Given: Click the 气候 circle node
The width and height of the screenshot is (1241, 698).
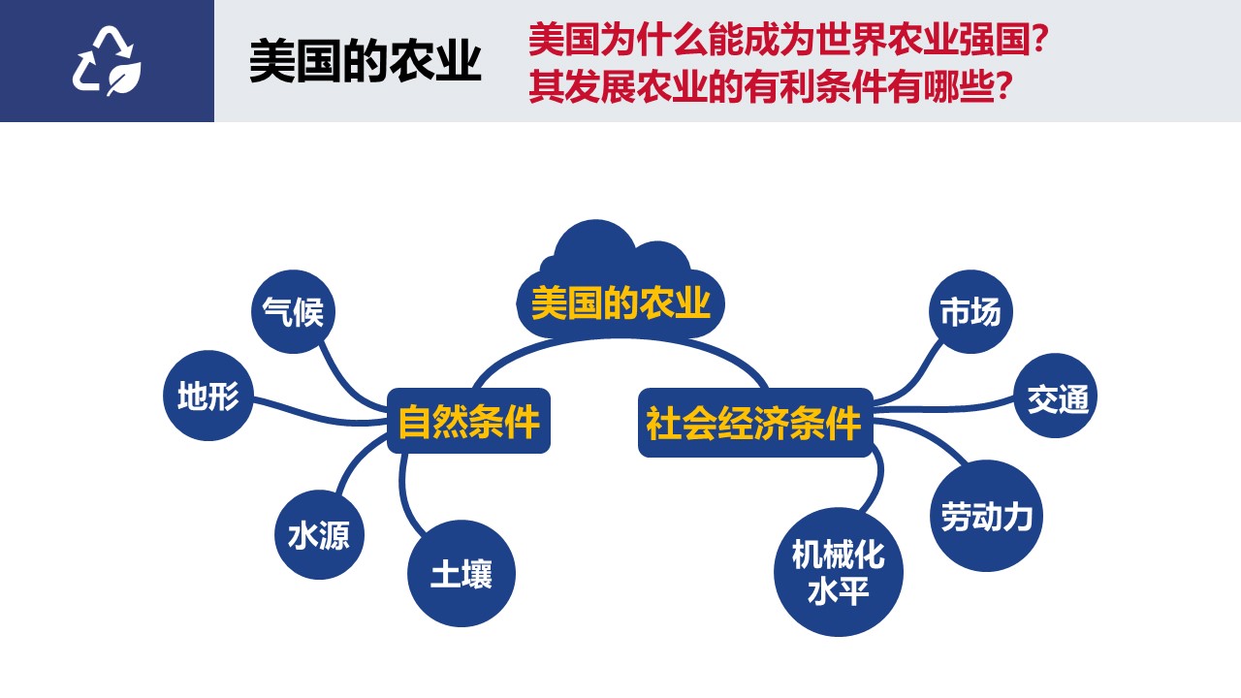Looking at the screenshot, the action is [x=293, y=311].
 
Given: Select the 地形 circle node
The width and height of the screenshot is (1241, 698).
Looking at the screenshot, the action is [x=208, y=396].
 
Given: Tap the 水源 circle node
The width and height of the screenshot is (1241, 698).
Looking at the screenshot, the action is [x=319, y=534].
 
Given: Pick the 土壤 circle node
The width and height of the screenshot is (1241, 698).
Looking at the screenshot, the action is [x=461, y=573].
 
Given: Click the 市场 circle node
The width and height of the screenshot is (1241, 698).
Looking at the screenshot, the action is [x=971, y=311].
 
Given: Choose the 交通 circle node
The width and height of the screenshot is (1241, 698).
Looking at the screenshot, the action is [x=1056, y=396].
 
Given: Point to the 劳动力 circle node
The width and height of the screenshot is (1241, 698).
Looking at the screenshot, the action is [x=986, y=516].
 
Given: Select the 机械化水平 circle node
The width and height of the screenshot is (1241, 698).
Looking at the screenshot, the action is [x=839, y=572].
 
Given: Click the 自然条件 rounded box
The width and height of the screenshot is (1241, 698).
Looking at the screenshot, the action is [x=468, y=421].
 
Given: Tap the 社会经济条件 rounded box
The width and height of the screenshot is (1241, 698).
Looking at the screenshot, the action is [x=755, y=423].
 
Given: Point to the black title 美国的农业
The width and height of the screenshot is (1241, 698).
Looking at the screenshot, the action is [x=366, y=61].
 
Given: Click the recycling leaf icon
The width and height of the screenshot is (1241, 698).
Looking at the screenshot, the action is [x=107, y=60].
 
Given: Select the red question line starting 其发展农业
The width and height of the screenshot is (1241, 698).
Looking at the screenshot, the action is [x=770, y=86].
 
